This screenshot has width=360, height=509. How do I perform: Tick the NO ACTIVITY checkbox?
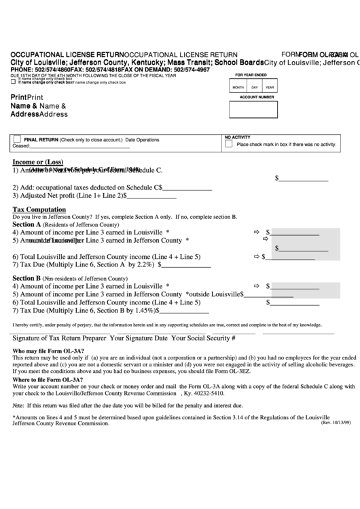click(x=229, y=144)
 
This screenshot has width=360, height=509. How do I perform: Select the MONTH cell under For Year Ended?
click(x=238, y=88)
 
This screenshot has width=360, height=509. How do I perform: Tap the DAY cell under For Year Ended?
click(x=254, y=88)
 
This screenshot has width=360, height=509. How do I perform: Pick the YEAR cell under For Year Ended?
click(x=270, y=88)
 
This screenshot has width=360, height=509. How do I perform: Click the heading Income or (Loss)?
click(x=38, y=162)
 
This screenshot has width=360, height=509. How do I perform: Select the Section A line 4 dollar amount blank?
click(x=296, y=232)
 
